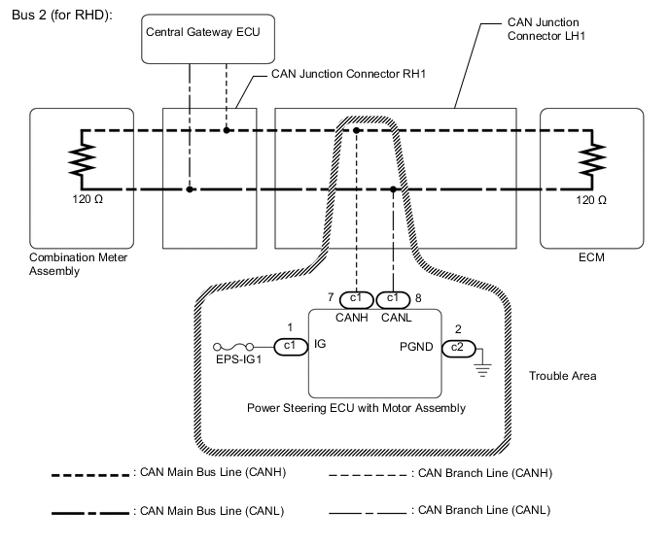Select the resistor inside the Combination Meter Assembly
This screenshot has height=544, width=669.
[82, 158]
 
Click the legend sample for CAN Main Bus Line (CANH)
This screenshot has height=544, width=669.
[92, 474]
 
